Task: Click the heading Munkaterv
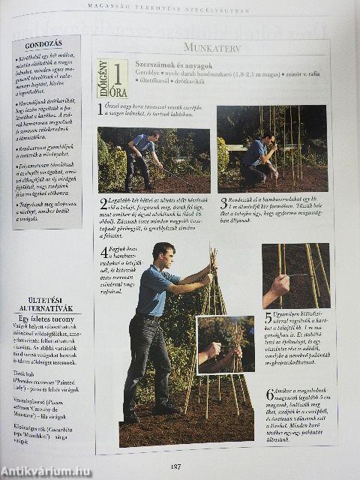211,47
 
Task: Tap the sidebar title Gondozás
43,45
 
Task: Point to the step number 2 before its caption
103,203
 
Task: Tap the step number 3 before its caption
223,202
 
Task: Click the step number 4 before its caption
104,253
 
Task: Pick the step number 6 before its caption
269,394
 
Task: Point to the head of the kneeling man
268,136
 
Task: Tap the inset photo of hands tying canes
225,344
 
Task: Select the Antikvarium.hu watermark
45,472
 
